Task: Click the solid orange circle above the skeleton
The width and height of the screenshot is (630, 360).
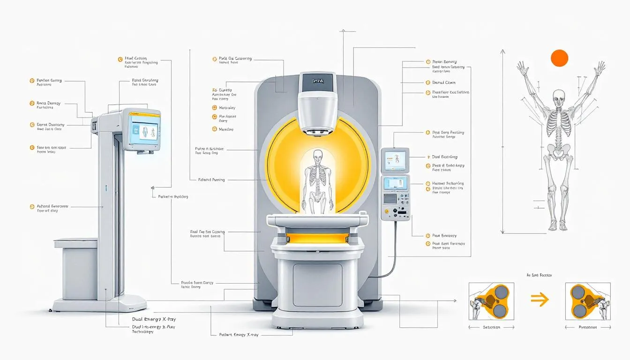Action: coord(559,58)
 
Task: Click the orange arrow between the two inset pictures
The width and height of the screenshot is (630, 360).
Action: coord(540,300)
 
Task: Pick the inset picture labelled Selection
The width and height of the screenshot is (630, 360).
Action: coord(491,301)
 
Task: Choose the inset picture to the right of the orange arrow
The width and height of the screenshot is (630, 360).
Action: coord(588,301)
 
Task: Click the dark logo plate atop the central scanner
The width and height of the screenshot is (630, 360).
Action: coord(318,81)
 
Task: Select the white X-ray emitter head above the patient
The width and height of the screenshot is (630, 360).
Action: coord(318,112)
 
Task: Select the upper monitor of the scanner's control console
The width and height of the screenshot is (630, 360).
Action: coord(395,160)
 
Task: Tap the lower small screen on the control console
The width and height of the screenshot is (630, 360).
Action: coord(395,183)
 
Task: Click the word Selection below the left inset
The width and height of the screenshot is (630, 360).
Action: coord(491,327)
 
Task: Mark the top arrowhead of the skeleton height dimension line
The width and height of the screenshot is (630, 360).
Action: coord(502,50)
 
